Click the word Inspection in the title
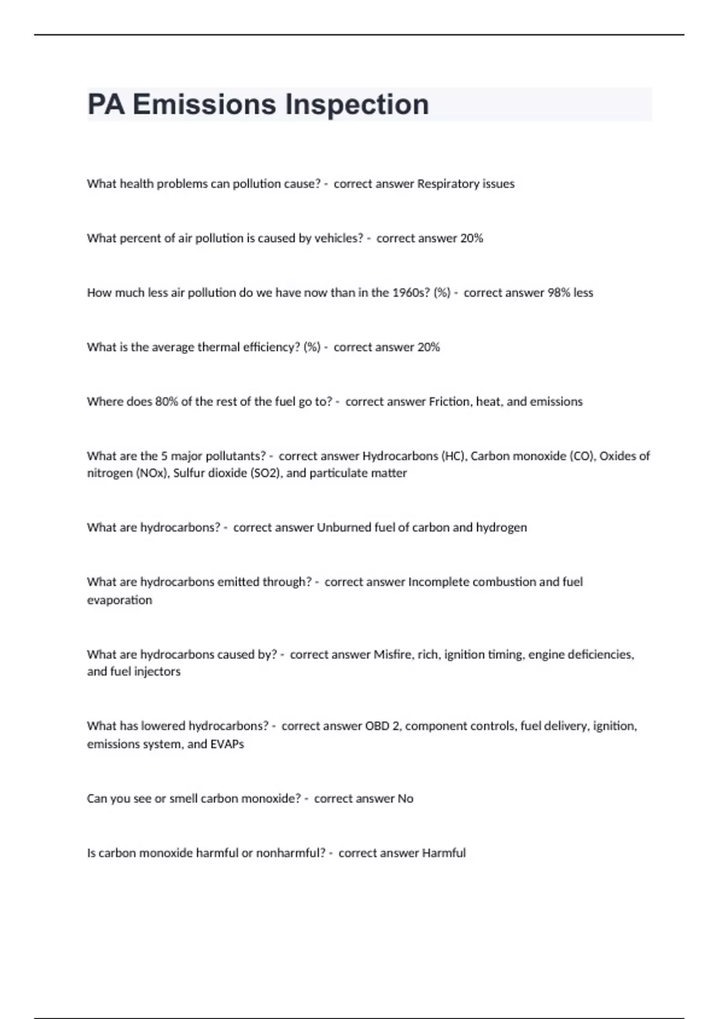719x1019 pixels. [357, 105]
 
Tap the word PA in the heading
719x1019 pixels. [106, 105]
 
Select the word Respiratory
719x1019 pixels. [448, 184]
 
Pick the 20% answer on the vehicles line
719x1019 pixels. [472, 238]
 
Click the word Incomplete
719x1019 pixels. [438, 582]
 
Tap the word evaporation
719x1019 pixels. [119, 600]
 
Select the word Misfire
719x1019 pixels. [393, 655]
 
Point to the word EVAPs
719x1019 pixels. [227, 744]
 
